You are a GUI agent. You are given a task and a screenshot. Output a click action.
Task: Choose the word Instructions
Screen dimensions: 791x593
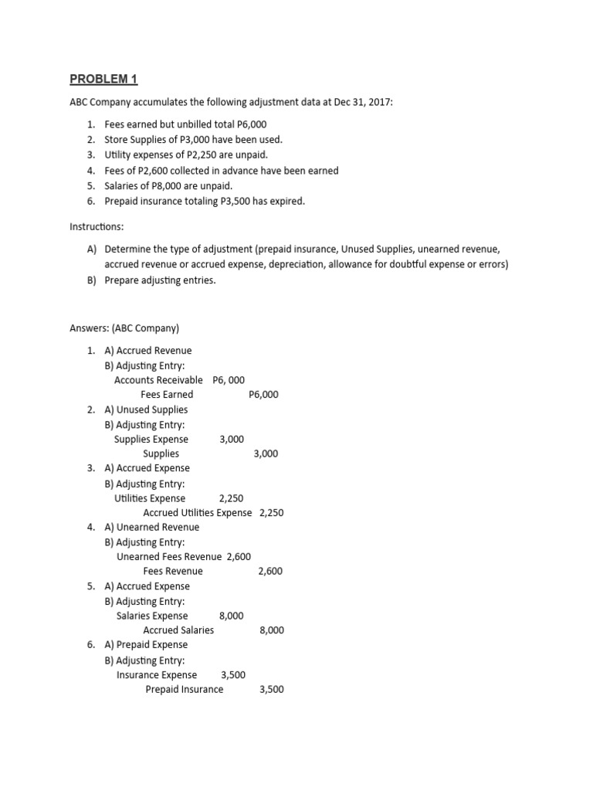98,229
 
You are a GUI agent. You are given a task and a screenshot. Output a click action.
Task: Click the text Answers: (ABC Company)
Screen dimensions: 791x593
124,328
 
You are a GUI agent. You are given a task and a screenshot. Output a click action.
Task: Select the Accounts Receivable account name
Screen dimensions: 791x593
158,379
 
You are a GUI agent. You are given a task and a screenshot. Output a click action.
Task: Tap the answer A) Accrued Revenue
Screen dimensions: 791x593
147,350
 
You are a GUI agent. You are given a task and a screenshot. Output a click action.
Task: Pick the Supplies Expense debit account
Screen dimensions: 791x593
151,439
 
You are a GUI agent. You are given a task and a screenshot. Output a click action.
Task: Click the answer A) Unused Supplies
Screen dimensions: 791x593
145,409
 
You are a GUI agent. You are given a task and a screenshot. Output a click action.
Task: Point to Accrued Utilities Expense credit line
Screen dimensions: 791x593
197,512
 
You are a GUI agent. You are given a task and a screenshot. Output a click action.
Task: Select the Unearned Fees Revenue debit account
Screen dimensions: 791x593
169,556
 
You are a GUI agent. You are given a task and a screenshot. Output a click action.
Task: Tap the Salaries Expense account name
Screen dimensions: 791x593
152,616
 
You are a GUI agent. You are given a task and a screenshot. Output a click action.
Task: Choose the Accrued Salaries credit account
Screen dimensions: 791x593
178,630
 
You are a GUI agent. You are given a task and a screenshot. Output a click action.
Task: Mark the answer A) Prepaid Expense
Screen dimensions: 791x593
145,644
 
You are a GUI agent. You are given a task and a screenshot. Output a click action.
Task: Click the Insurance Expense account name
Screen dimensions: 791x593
157,674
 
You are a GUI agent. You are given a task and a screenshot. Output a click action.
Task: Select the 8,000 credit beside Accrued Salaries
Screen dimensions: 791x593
272,630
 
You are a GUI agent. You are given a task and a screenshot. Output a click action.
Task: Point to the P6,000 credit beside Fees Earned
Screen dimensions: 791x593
263,394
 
